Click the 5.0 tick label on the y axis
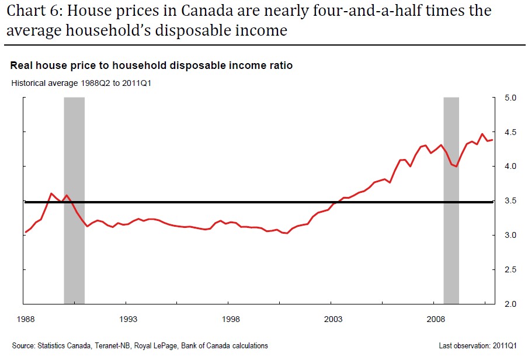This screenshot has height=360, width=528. pyautogui.click(x=511, y=98)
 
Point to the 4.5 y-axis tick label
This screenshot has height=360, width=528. pyautogui.click(x=511, y=132)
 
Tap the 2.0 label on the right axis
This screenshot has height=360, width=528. pyautogui.click(x=511, y=304)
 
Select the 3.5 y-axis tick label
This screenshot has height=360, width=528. pyautogui.click(x=511, y=200)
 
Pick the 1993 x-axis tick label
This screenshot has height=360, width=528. pyautogui.click(x=128, y=319)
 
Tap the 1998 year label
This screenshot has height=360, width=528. pyautogui.click(x=231, y=319)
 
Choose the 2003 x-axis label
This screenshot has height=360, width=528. pyautogui.click(x=334, y=319)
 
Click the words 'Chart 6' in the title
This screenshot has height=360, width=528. pyautogui.click(x=29, y=11)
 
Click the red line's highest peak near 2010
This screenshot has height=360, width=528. pyautogui.click(x=482, y=134)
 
